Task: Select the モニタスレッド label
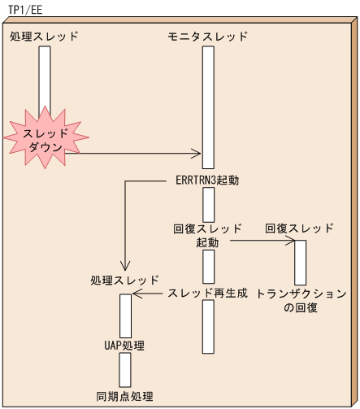pos(208,37)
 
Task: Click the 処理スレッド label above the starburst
pos(44,37)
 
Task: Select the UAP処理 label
pos(125,346)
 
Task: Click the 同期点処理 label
pos(125,397)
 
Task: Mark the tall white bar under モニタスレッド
pos(208,107)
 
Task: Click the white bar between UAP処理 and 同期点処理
pos(125,370)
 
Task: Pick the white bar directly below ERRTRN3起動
pos(208,203)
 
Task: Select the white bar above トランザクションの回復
pos(300,262)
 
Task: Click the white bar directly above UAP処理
pos(125,315)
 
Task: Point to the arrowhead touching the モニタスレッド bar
pos(197,152)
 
